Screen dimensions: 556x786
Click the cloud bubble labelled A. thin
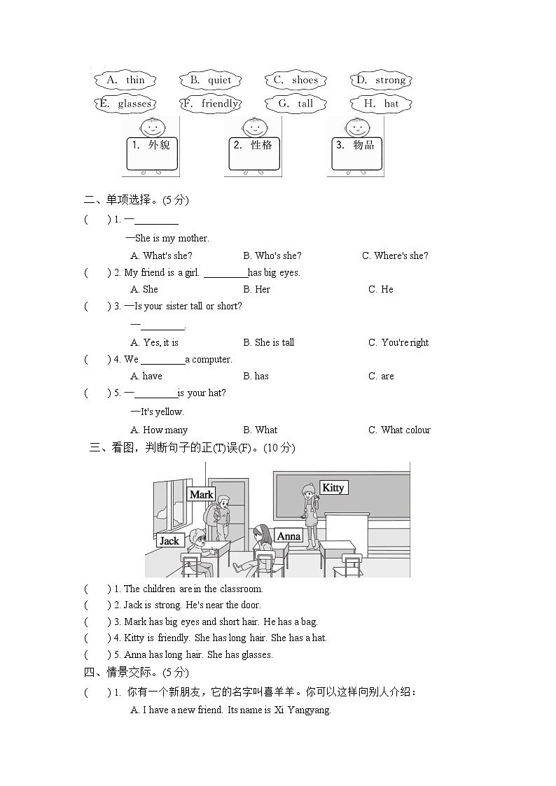coord(125,80)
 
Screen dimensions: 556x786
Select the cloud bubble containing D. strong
coord(381,80)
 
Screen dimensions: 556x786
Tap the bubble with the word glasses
coord(125,104)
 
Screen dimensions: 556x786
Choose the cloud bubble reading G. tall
coord(295,104)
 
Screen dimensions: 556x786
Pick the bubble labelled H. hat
coord(381,104)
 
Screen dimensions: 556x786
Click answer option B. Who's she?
coord(272,255)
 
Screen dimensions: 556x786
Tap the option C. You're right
coord(398,342)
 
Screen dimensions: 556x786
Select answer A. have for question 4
coord(146,376)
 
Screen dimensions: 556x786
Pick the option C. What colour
coord(399,430)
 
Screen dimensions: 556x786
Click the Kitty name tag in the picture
coord(333,487)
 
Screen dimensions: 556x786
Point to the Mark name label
coord(201,494)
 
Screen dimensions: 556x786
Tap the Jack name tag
coord(169,540)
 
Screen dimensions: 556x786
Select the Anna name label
coord(289,536)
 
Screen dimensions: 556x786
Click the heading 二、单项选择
coord(118,200)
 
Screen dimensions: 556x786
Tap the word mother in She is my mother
coord(193,238)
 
